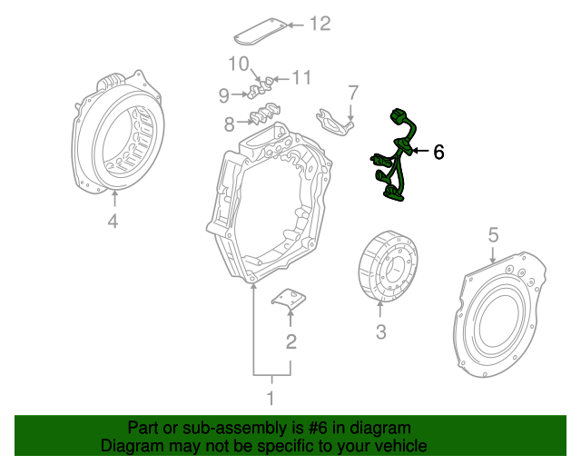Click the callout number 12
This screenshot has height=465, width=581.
(320, 24)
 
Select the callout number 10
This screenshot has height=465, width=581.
(238, 64)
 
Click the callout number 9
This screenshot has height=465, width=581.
(224, 94)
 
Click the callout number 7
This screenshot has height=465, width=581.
(353, 92)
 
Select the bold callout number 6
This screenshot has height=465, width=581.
(438, 152)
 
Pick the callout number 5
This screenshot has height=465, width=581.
(493, 236)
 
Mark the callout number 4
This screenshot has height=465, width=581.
(113, 221)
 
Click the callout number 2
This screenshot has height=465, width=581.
(290, 341)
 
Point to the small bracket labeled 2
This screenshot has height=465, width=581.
(290, 301)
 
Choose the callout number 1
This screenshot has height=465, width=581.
(270, 398)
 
